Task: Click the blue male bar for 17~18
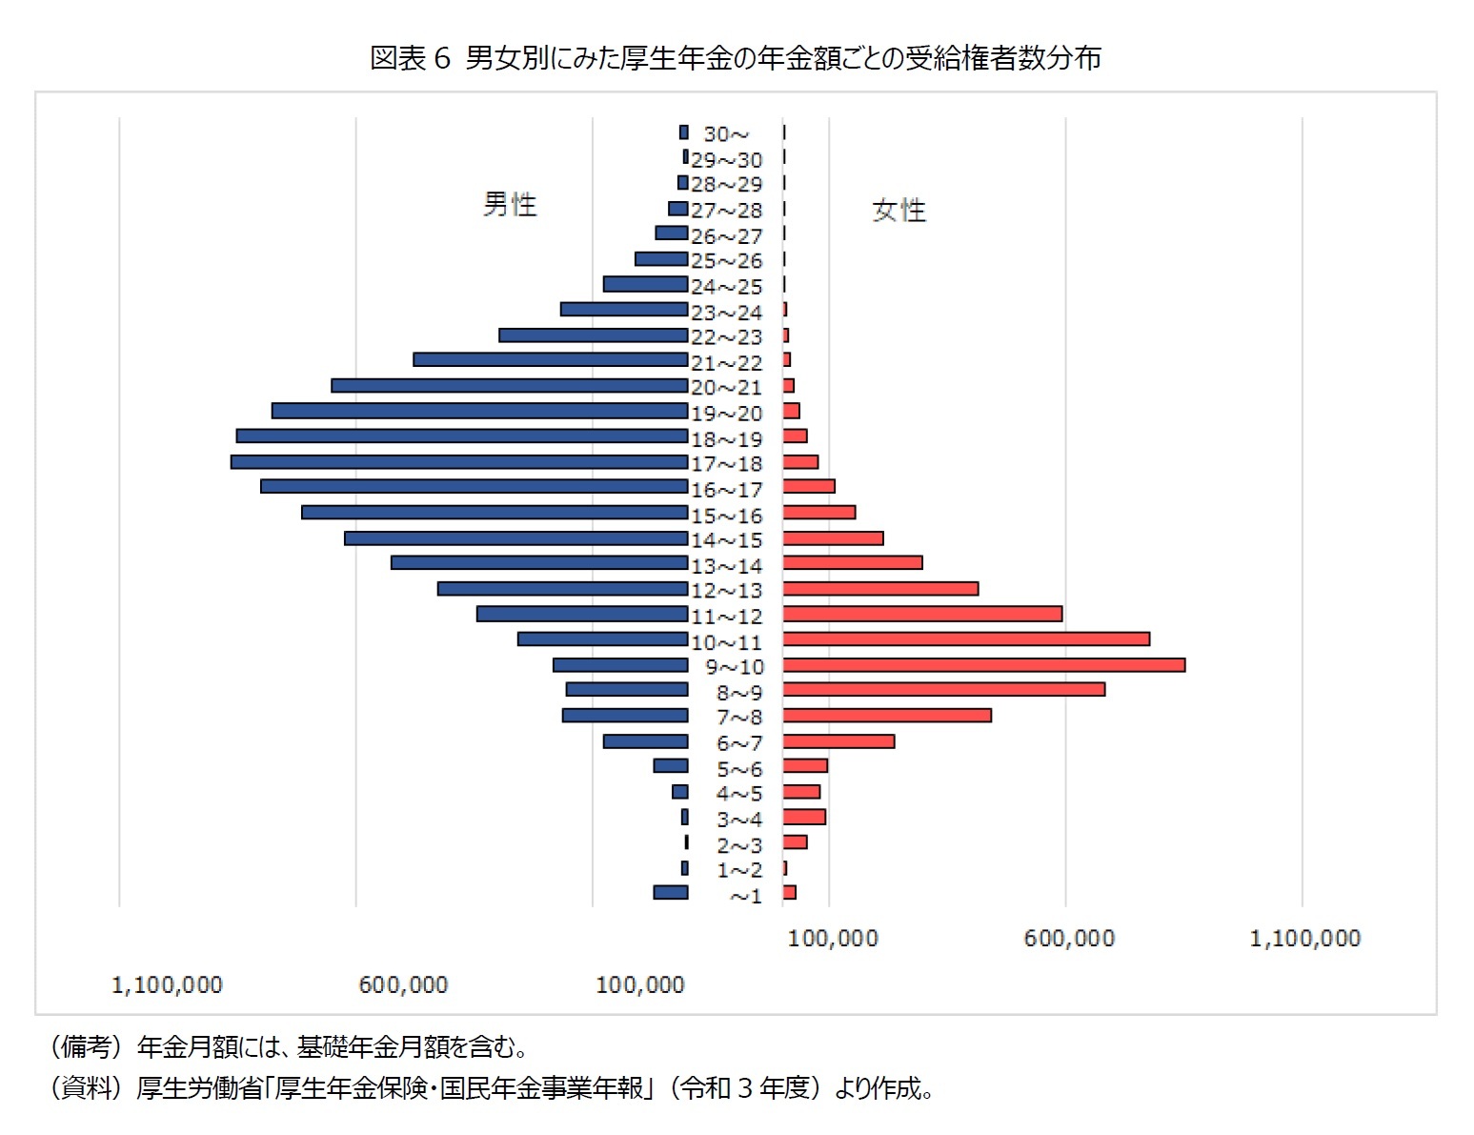coord(458,462)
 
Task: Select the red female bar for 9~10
coord(983,665)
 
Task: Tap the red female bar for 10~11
coord(966,639)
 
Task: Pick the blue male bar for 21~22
coord(550,360)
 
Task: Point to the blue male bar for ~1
coord(670,893)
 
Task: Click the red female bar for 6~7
coord(838,741)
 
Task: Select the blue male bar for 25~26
coord(661,259)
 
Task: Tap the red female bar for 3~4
coord(804,817)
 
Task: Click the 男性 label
coord(510,205)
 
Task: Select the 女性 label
coord(899,211)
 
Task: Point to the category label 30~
coord(726,134)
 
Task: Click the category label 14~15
coord(726,540)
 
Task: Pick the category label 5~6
coord(739,769)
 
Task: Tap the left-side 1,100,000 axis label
coord(167,985)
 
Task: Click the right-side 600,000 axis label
coord(1069,939)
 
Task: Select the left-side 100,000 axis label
coord(639,985)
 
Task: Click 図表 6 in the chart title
coord(410,59)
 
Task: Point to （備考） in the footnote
coord(86,1047)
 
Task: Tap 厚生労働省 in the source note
coord(199,1087)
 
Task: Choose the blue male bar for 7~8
coord(625,716)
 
